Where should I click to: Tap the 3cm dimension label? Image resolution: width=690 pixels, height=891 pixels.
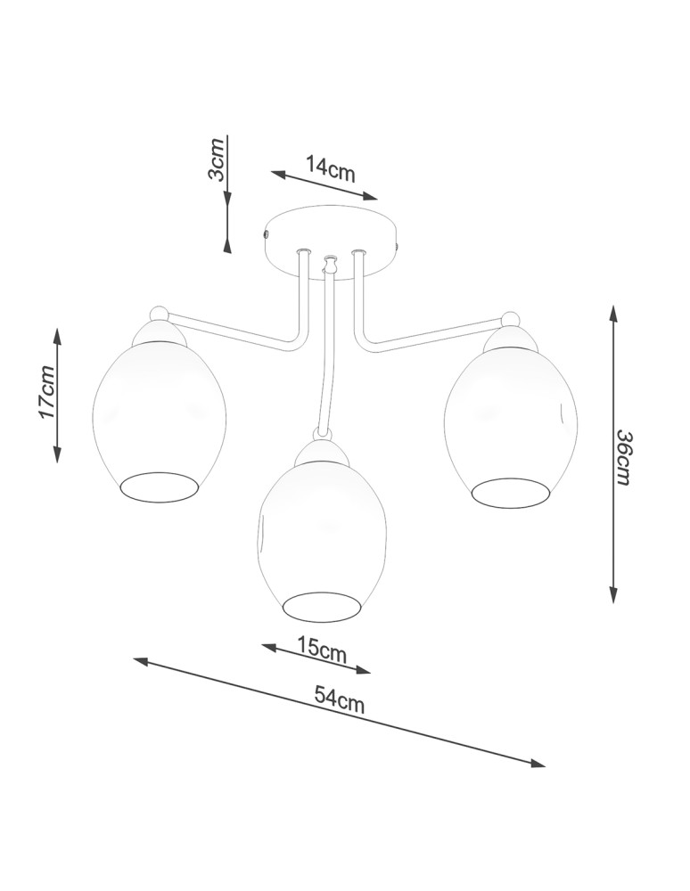(x=217, y=160)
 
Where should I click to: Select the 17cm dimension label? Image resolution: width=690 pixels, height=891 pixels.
(x=47, y=392)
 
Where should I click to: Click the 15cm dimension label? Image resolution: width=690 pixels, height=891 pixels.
(x=322, y=650)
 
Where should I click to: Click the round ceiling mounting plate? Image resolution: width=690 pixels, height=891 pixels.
(x=331, y=233)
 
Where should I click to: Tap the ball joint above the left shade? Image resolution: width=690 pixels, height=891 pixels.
(x=159, y=313)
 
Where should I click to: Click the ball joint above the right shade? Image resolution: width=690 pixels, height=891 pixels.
(x=511, y=319)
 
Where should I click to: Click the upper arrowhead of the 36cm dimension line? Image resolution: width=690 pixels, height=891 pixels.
(x=613, y=312)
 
